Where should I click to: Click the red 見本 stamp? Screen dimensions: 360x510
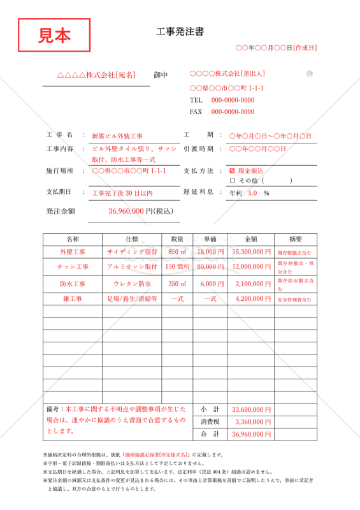pyautogui.click(x=54, y=36)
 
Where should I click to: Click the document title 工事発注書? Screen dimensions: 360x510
pyautogui.click(x=180, y=33)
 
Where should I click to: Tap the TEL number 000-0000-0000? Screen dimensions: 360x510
pyautogui.click(x=233, y=100)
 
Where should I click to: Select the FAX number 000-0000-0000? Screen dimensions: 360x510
pyautogui.click(x=233, y=112)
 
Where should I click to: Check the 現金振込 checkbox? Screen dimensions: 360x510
pyautogui.click(x=232, y=171)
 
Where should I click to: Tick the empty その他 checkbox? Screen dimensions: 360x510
pyautogui.click(x=232, y=181)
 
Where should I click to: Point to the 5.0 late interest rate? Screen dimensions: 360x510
pyautogui.click(x=252, y=193)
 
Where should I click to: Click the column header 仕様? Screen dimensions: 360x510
pyautogui.click(x=132, y=239)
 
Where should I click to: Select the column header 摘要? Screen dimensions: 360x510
pyautogui.click(x=296, y=239)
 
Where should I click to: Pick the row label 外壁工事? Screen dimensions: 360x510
pyautogui.click(x=73, y=252)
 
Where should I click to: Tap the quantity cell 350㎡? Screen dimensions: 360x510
pyautogui.click(x=177, y=284)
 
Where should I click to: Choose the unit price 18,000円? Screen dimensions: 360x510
pyautogui.click(x=210, y=252)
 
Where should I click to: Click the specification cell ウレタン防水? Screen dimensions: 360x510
pyautogui.click(x=132, y=284)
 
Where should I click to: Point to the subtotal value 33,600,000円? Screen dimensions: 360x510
pyautogui.click(x=252, y=409)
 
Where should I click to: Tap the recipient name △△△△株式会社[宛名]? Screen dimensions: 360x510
pyautogui.click(x=97, y=75)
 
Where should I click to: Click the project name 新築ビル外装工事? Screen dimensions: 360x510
pyautogui.click(x=117, y=136)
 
